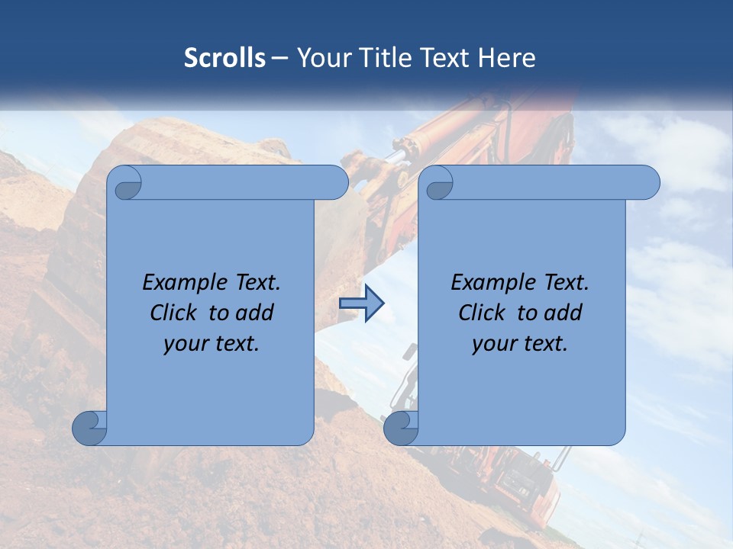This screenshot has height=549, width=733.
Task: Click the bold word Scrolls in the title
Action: coord(224,58)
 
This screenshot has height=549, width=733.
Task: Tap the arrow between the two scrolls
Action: coord(361,303)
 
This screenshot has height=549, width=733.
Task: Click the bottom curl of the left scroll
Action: coord(90,428)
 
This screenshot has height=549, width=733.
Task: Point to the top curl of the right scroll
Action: coord(438,183)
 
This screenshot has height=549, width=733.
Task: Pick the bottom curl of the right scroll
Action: coord(401,428)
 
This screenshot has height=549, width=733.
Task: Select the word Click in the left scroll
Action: coord(176,313)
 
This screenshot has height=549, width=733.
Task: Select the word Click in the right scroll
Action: coord(484,313)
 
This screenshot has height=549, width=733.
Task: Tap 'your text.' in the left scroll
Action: coord(212,344)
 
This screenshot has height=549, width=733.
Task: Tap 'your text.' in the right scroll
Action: coord(520,344)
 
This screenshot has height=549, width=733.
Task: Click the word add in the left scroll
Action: coord(255,313)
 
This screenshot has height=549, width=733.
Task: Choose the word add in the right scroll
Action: coord(563,313)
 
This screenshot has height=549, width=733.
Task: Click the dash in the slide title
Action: coord(279,58)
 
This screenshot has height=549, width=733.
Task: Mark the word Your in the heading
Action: coord(321,58)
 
